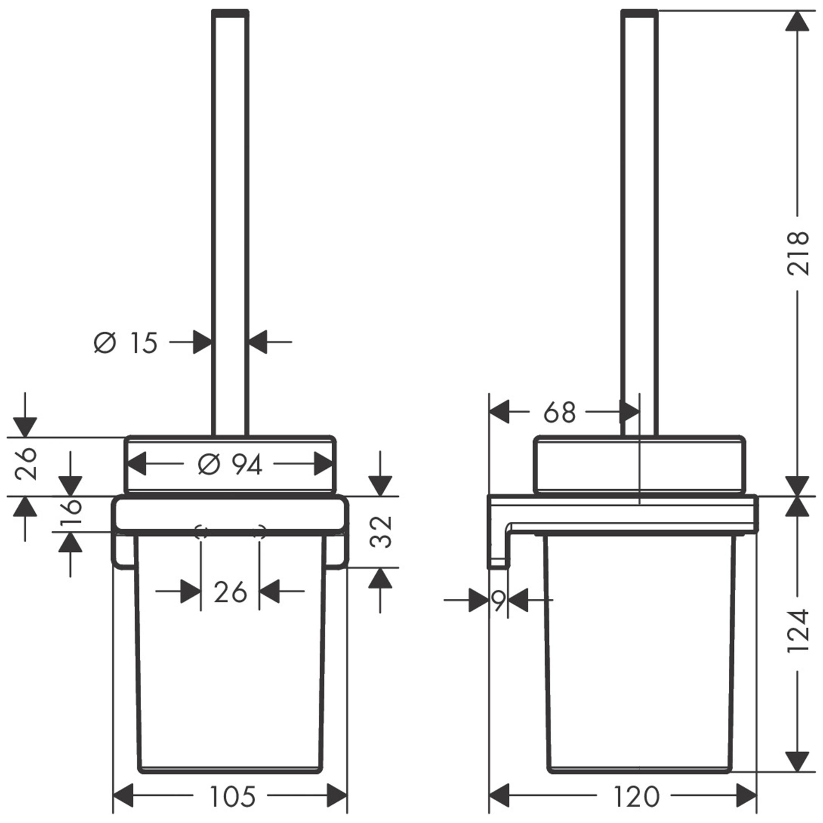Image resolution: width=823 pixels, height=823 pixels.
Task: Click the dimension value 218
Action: [x=797, y=253]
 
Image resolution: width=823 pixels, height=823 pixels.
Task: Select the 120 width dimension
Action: [x=637, y=796]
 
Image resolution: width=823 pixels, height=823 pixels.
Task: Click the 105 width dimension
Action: [x=233, y=796]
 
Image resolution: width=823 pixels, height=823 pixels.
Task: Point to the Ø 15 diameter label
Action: [x=126, y=343]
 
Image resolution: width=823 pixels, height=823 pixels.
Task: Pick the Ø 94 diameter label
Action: [x=230, y=464]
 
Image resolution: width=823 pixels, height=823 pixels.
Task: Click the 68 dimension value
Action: [x=560, y=412]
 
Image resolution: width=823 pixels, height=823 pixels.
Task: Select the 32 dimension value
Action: [x=380, y=532]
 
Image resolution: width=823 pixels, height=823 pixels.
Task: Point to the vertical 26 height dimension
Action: [x=26, y=464]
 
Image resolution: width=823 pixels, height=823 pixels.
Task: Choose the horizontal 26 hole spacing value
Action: [x=230, y=592]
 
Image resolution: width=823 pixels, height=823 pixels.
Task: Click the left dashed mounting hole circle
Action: [x=201, y=532]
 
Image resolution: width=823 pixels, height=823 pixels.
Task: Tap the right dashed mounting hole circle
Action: [x=259, y=532]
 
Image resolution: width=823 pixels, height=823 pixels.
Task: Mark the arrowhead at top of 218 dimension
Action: [x=797, y=21]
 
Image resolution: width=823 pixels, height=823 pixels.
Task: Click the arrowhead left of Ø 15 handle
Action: [x=202, y=342]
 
